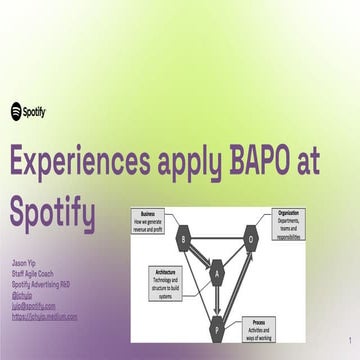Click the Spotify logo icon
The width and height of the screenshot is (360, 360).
[x=18, y=112]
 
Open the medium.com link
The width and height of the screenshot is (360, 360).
[x=44, y=317]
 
